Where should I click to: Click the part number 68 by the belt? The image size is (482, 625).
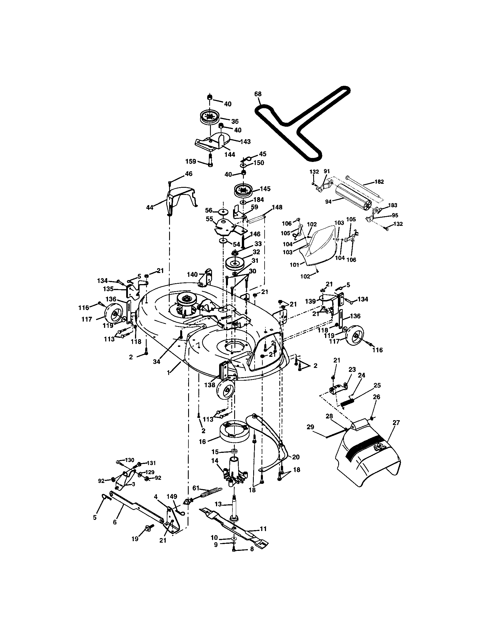tap(257, 94)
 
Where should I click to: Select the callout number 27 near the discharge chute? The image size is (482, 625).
tap(396, 423)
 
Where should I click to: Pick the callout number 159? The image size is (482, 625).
tap(191, 162)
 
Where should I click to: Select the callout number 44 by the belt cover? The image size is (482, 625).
tap(149, 207)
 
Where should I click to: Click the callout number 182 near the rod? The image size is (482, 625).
tap(379, 182)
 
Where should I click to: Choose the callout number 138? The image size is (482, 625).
tap(209, 385)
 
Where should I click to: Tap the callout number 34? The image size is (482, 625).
tap(156, 362)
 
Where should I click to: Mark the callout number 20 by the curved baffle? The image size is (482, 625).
tap(296, 457)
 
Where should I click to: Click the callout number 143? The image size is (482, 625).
tap(245, 141)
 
